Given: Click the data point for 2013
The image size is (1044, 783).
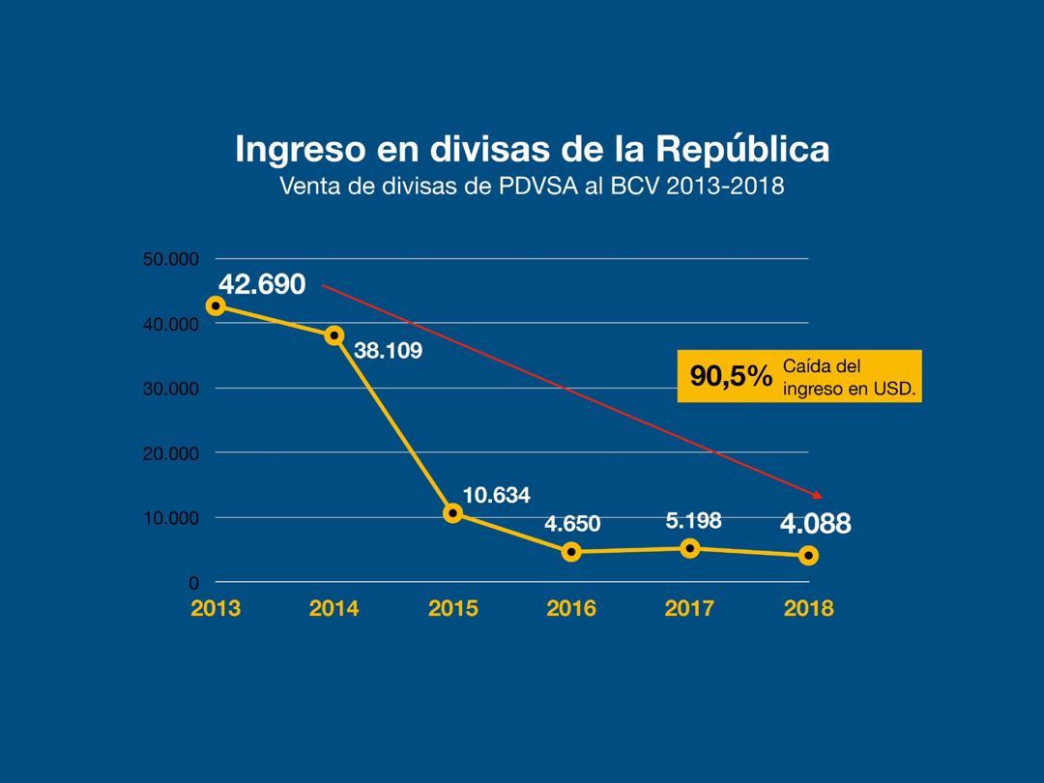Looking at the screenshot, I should tap(216, 305).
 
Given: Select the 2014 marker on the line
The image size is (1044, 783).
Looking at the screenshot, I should tap(334, 335).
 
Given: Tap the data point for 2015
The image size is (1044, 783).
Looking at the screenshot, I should tap(452, 512).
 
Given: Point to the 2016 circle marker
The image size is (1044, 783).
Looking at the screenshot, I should tap(571, 552).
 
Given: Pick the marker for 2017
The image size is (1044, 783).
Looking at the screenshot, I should tap(690, 548).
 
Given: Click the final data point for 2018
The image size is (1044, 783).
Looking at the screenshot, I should tap(808, 555).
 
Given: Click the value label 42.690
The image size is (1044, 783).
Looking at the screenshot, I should tap(262, 284).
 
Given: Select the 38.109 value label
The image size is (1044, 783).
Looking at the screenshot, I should tap(388, 351).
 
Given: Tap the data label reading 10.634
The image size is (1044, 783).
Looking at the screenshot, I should tap(496, 495).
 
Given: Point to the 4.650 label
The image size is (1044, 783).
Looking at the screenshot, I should tap(572, 525).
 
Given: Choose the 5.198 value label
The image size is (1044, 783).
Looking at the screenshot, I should tap(693, 520).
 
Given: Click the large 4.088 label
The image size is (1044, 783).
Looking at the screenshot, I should tap(816, 524).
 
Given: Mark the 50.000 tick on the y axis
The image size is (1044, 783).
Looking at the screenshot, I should tap(170, 259).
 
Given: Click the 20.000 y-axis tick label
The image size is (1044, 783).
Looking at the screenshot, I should tap(170, 453).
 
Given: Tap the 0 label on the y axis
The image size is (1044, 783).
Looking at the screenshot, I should tap(193, 583).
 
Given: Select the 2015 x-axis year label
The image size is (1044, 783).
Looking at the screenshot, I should tap(452, 609).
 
